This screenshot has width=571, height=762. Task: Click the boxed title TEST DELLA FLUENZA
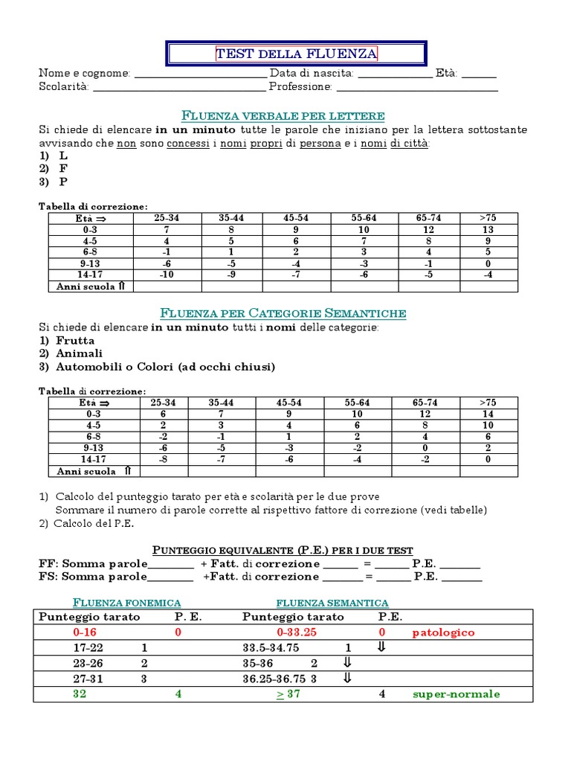(x=296, y=54)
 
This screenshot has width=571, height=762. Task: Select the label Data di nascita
(x=312, y=74)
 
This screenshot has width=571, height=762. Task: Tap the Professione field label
(x=300, y=87)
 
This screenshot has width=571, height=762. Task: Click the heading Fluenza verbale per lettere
(x=283, y=115)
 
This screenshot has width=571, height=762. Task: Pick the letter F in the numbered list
(x=63, y=168)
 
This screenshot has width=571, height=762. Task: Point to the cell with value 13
(x=488, y=230)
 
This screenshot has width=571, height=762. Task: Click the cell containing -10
(x=167, y=275)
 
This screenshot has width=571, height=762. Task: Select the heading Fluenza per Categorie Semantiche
(x=283, y=313)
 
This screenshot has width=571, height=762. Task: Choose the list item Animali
(x=80, y=353)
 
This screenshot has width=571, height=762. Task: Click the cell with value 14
(x=488, y=414)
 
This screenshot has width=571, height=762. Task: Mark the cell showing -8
(x=164, y=459)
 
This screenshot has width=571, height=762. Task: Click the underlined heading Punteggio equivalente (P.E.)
(x=283, y=551)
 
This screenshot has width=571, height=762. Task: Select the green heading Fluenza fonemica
(x=126, y=603)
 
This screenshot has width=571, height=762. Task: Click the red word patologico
(x=443, y=633)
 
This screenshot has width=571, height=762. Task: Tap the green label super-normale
(x=457, y=694)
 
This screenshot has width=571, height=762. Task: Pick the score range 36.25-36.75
(x=274, y=679)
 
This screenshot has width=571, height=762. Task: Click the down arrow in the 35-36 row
(x=346, y=663)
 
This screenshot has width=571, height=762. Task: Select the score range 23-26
(x=88, y=663)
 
